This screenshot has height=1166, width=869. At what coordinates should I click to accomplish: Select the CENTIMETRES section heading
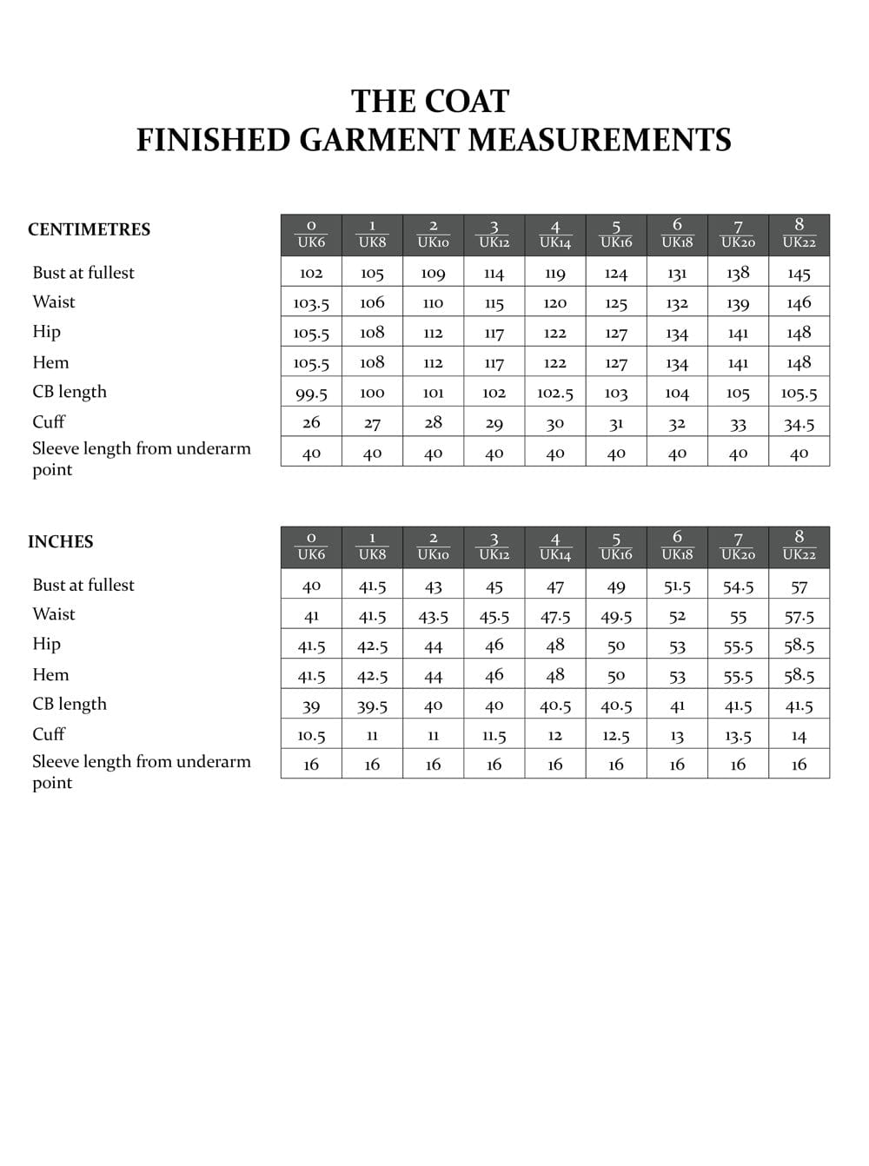(89, 229)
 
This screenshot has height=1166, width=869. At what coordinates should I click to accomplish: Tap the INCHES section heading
(60, 541)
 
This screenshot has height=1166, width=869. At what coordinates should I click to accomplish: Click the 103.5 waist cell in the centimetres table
(311, 303)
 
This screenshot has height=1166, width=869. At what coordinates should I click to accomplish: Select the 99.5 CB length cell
(311, 394)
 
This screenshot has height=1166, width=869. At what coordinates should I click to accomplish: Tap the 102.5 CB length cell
(555, 393)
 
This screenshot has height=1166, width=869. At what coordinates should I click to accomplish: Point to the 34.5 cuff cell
(799, 424)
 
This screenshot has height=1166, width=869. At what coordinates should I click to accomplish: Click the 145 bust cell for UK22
(799, 274)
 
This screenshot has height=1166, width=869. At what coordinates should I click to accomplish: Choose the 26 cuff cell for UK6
(311, 422)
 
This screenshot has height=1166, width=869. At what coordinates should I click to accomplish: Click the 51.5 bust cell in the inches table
(677, 586)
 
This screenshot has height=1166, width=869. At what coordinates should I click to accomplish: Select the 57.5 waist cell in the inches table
(799, 616)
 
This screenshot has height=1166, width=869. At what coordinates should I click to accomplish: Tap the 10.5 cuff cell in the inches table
(311, 736)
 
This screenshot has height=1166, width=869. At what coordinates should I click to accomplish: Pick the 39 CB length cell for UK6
(311, 706)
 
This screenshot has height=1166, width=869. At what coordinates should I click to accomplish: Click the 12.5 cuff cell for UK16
(616, 736)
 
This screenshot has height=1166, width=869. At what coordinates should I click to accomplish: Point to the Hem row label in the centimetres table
(50, 362)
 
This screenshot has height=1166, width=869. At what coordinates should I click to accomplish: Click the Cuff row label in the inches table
(49, 734)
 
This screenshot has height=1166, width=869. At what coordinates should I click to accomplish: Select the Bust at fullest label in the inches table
(83, 585)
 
